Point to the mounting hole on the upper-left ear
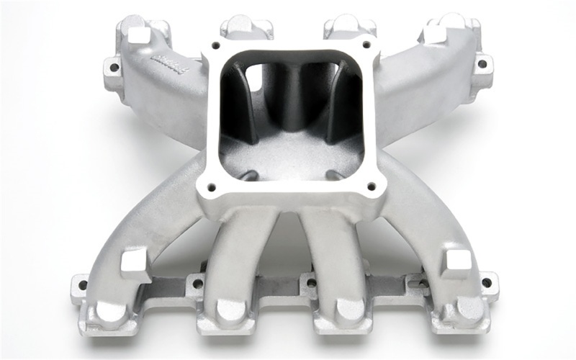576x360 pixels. pyautogui.click(x=113, y=69)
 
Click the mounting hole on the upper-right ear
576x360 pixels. pyautogui.click(x=481, y=64)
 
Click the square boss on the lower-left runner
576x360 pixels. pyautogui.click(x=135, y=261)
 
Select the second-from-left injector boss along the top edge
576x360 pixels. pyautogui.click(x=246, y=29)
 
